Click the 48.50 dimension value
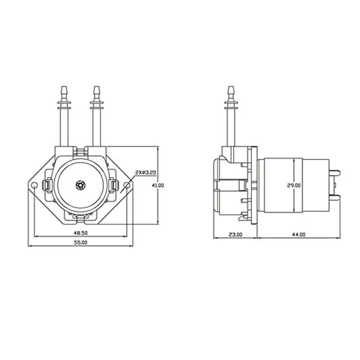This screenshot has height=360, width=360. [x=81, y=233]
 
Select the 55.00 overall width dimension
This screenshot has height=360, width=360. [x=81, y=243]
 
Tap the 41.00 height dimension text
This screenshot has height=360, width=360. [x=158, y=185]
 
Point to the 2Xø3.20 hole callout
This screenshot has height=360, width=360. [x=145, y=172]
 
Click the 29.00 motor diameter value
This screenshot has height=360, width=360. [x=294, y=185]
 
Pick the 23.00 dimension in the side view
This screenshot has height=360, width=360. [x=235, y=234]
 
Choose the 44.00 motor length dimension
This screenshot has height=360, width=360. [x=298, y=234]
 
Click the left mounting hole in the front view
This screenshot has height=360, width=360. [x=34, y=185]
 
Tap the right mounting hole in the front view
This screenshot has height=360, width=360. [x=127, y=185]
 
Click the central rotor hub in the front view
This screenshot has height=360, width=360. [x=81, y=185]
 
